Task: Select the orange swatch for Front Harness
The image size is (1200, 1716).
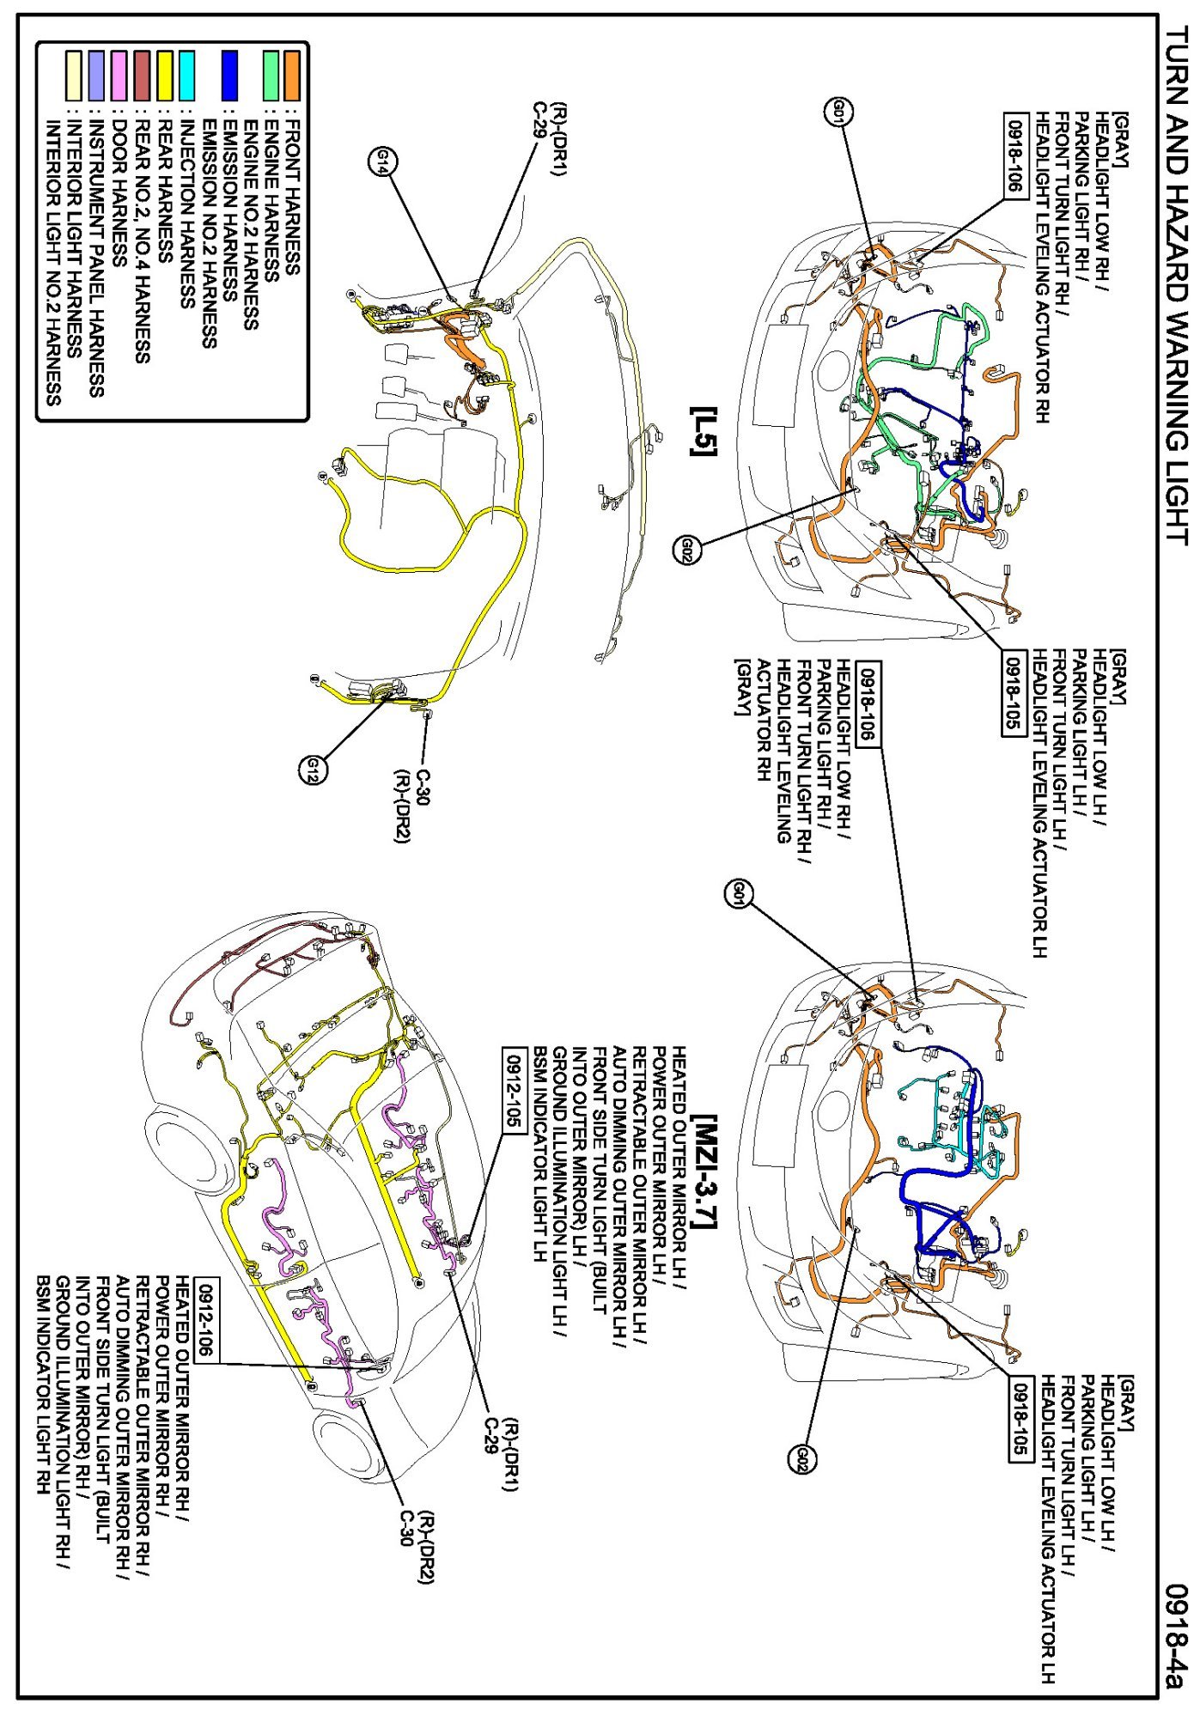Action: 292,76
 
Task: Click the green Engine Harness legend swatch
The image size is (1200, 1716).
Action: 271,76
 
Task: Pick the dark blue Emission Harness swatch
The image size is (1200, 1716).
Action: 228,76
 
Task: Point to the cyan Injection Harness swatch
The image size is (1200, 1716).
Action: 186,76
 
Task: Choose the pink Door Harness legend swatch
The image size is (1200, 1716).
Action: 119,76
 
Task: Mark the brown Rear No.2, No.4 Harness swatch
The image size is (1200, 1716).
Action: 142,76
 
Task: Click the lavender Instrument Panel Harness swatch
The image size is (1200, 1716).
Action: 96,76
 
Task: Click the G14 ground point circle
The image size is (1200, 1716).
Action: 383,161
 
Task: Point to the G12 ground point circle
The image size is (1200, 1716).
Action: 314,770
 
